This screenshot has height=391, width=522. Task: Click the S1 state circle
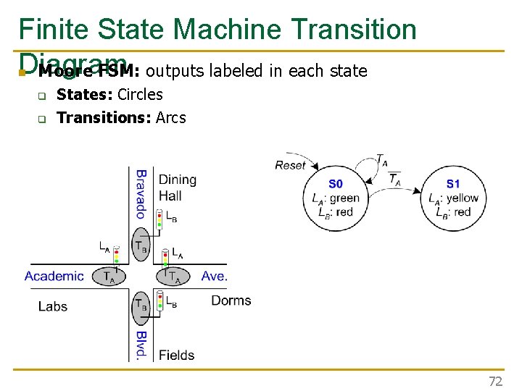click(x=452, y=197)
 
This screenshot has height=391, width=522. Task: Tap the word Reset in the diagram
click(x=290, y=165)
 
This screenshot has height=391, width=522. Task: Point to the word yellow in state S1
click(x=462, y=198)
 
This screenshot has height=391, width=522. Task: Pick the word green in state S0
click(x=344, y=198)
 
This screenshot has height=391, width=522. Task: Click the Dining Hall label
click(x=176, y=188)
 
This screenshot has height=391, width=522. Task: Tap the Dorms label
click(x=231, y=300)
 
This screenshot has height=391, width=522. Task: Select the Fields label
click(x=176, y=355)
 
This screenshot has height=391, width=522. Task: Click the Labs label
click(x=53, y=306)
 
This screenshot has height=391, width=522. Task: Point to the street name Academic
click(x=54, y=276)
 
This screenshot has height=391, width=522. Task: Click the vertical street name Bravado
click(x=141, y=193)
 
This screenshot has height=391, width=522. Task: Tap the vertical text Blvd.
click(x=141, y=345)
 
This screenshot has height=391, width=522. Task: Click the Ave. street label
click(x=214, y=276)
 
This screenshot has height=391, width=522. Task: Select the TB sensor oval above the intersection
click(x=141, y=245)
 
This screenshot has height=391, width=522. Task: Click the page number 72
click(x=495, y=381)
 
